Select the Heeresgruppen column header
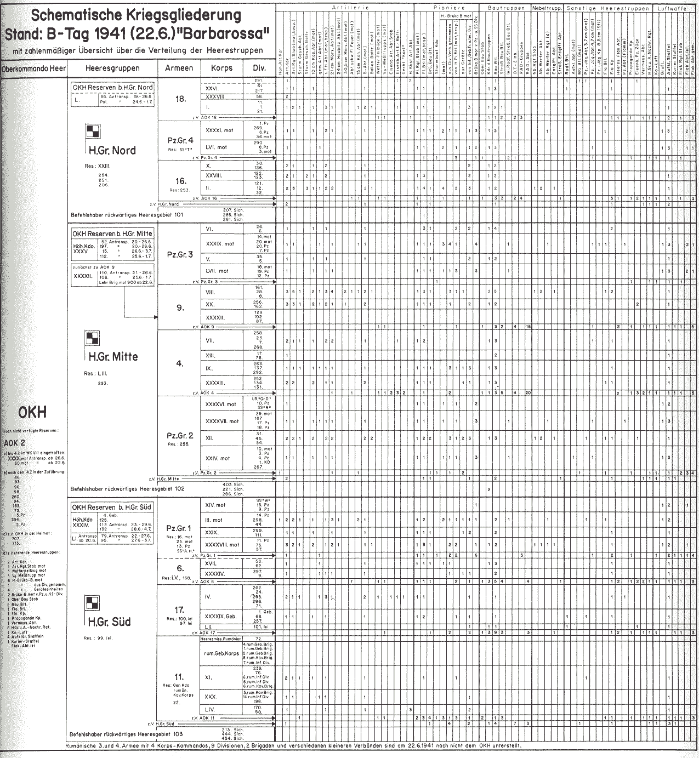tap(112, 69)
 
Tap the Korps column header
tap(222, 69)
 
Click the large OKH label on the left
tap(33, 412)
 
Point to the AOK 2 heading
tap(15, 442)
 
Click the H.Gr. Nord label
tap(112, 150)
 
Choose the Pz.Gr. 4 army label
tap(179, 140)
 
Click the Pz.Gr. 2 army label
tap(179, 435)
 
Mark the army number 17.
tap(179, 609)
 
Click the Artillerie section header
tap(350, 8)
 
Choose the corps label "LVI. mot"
tap(216, 147)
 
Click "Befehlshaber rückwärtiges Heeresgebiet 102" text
tap(127, 488)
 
